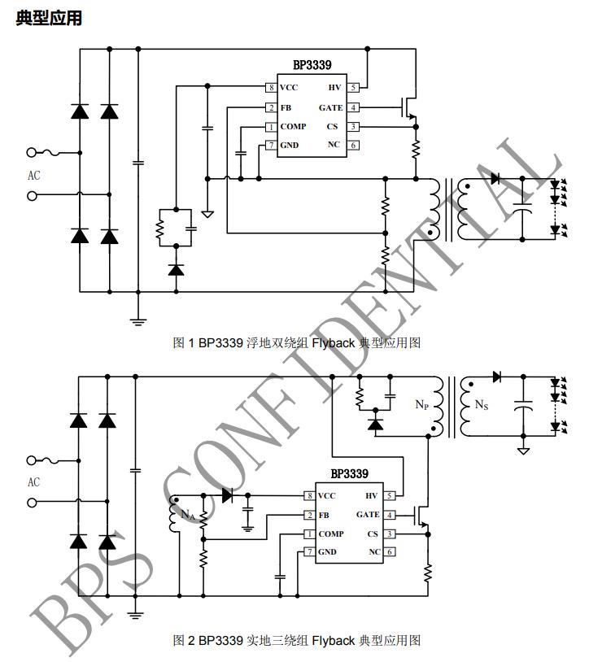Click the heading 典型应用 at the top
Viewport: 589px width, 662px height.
[x=49, y=18]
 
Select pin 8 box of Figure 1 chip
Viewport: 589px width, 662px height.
[x=270, y=88]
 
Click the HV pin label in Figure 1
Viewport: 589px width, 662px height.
[x=334, y=88]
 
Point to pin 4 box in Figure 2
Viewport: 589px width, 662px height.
[x=389, y=515]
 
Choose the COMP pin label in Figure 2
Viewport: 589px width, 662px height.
[x=331, y=534]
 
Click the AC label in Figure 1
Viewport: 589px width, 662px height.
[x=33, y=176]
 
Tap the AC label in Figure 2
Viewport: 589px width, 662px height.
[x=33, y=482]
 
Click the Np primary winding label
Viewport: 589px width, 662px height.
[x=421, y=405]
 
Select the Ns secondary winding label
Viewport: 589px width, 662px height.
[x=482, y=405]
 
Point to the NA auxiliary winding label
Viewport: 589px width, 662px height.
[x=187, y=514]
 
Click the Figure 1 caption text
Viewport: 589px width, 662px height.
[x=297, y=343]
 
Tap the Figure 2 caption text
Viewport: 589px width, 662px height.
[x=297, y=641]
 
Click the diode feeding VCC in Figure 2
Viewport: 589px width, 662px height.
[x=227, y=494]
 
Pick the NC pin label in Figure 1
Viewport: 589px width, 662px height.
[x=334, y=146]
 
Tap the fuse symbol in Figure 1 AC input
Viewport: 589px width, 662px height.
[x=59, y=152]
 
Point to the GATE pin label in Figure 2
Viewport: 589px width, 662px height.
[x=368, y=515]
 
